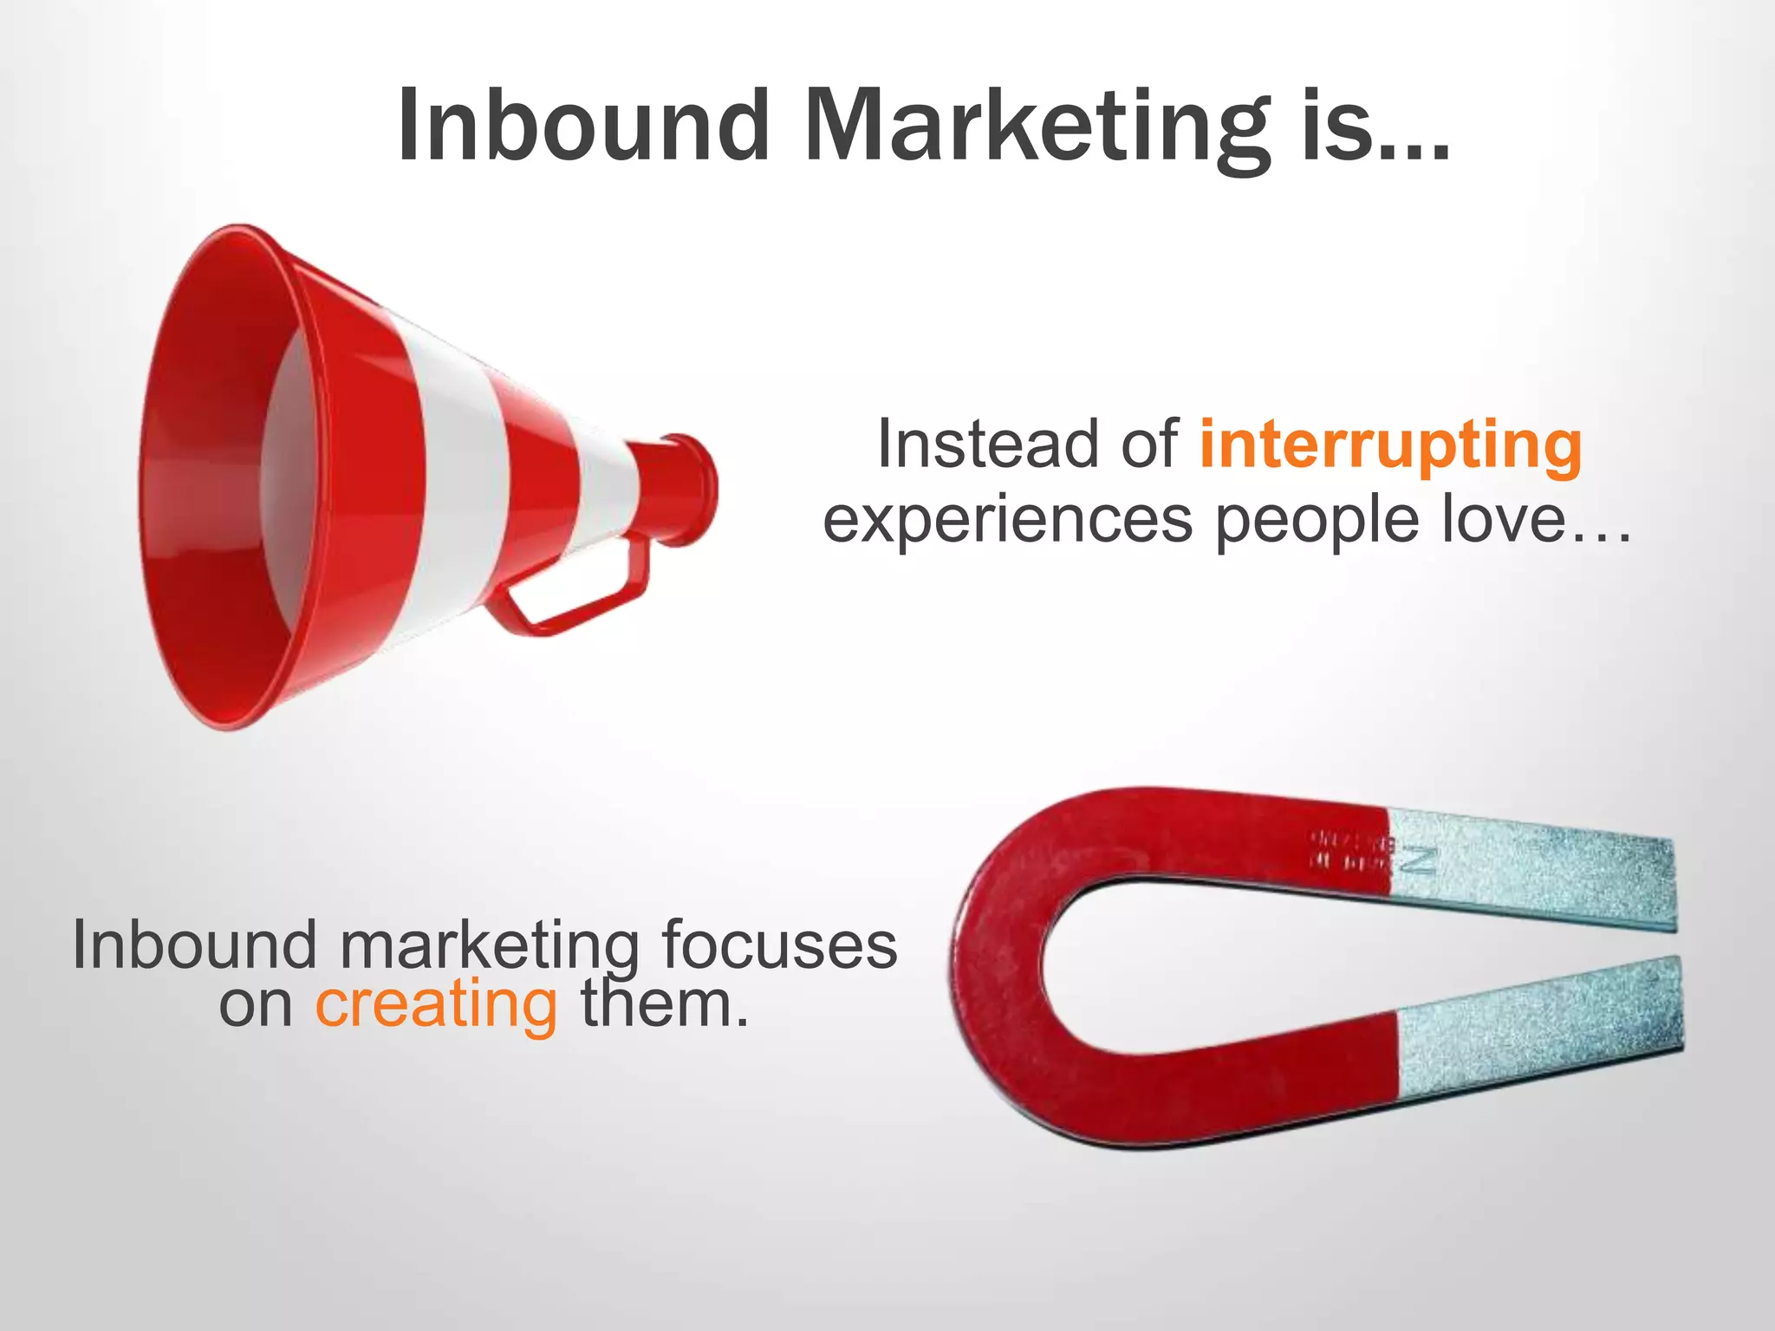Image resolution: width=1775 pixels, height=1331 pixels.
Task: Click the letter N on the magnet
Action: click(x=1422, y=860)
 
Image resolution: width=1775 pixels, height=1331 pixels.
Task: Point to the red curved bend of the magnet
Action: click(x=997, y=962)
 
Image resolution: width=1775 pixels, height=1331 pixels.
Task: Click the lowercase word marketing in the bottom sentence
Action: click(x=489, y=946)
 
